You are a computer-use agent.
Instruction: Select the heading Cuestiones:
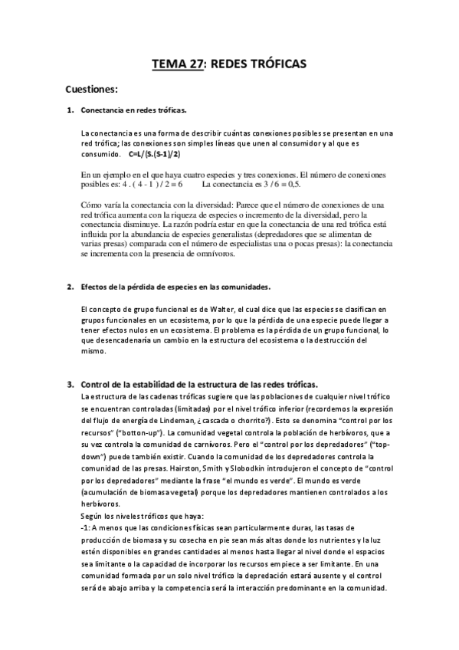coord(91,88)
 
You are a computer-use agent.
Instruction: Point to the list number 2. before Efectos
coord(70,287)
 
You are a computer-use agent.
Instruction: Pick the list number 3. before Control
coord(70,383)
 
